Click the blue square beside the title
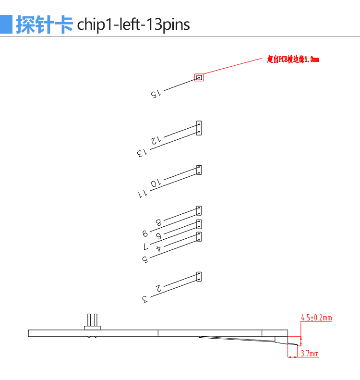coord(6,24)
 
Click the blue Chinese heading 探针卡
coord(45,25)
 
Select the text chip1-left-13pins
coord(133,25)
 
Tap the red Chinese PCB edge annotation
coord(293,59)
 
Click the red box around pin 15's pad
coord(199,77)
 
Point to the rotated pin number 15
coord(156,94)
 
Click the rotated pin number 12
coord(156,140)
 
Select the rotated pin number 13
coord(142,153)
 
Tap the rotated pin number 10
coord(156,183)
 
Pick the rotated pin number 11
coord(143,194)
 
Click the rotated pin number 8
coord(158,222)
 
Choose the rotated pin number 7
coord(145,247)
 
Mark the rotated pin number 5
coord(145,259)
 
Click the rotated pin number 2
coord(158,288)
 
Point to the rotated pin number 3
coord(145,299)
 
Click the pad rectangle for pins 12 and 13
coord(199,128)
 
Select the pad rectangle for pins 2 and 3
coord(199,277)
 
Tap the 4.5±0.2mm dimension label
coord(316,318)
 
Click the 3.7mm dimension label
coord(310,354)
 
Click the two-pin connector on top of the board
coord(92,322)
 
